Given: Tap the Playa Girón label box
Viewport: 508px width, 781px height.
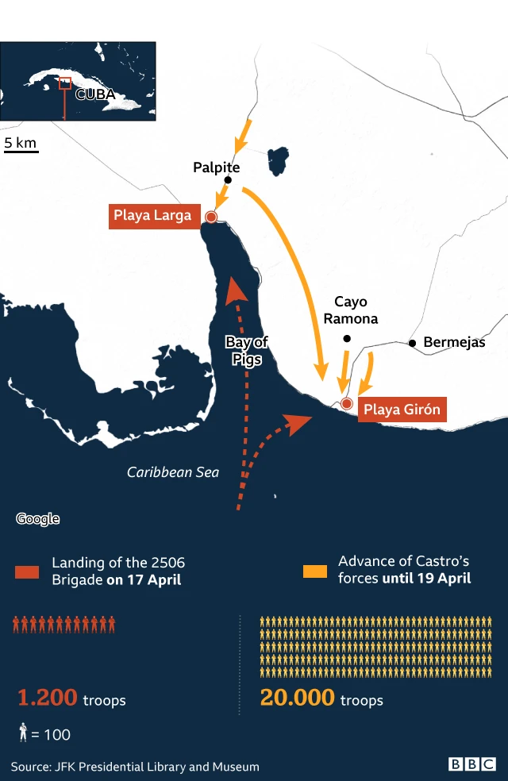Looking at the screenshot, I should click(402, 410).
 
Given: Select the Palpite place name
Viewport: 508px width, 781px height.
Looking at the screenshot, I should click(216, 167).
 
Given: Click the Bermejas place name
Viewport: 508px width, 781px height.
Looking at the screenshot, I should click(454, 343).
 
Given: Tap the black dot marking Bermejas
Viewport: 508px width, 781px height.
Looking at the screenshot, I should click(412, 343).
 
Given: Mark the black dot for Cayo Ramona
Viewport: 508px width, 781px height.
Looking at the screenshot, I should click(346, 339).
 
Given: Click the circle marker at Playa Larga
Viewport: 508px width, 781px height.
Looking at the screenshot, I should click(211, 217).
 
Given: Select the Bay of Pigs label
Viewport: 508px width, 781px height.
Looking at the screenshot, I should click(247, 350).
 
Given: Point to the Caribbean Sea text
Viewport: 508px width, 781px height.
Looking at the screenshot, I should click(173, 472).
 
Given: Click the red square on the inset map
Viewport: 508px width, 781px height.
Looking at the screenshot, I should click(66, 83).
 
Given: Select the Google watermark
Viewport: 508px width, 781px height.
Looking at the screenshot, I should click(38, 519).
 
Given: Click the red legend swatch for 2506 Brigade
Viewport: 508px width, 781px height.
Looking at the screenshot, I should click(26, 571).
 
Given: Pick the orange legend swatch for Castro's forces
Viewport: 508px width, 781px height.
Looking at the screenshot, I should click(315, 571).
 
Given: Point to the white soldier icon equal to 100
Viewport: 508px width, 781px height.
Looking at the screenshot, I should click(23, 733).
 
